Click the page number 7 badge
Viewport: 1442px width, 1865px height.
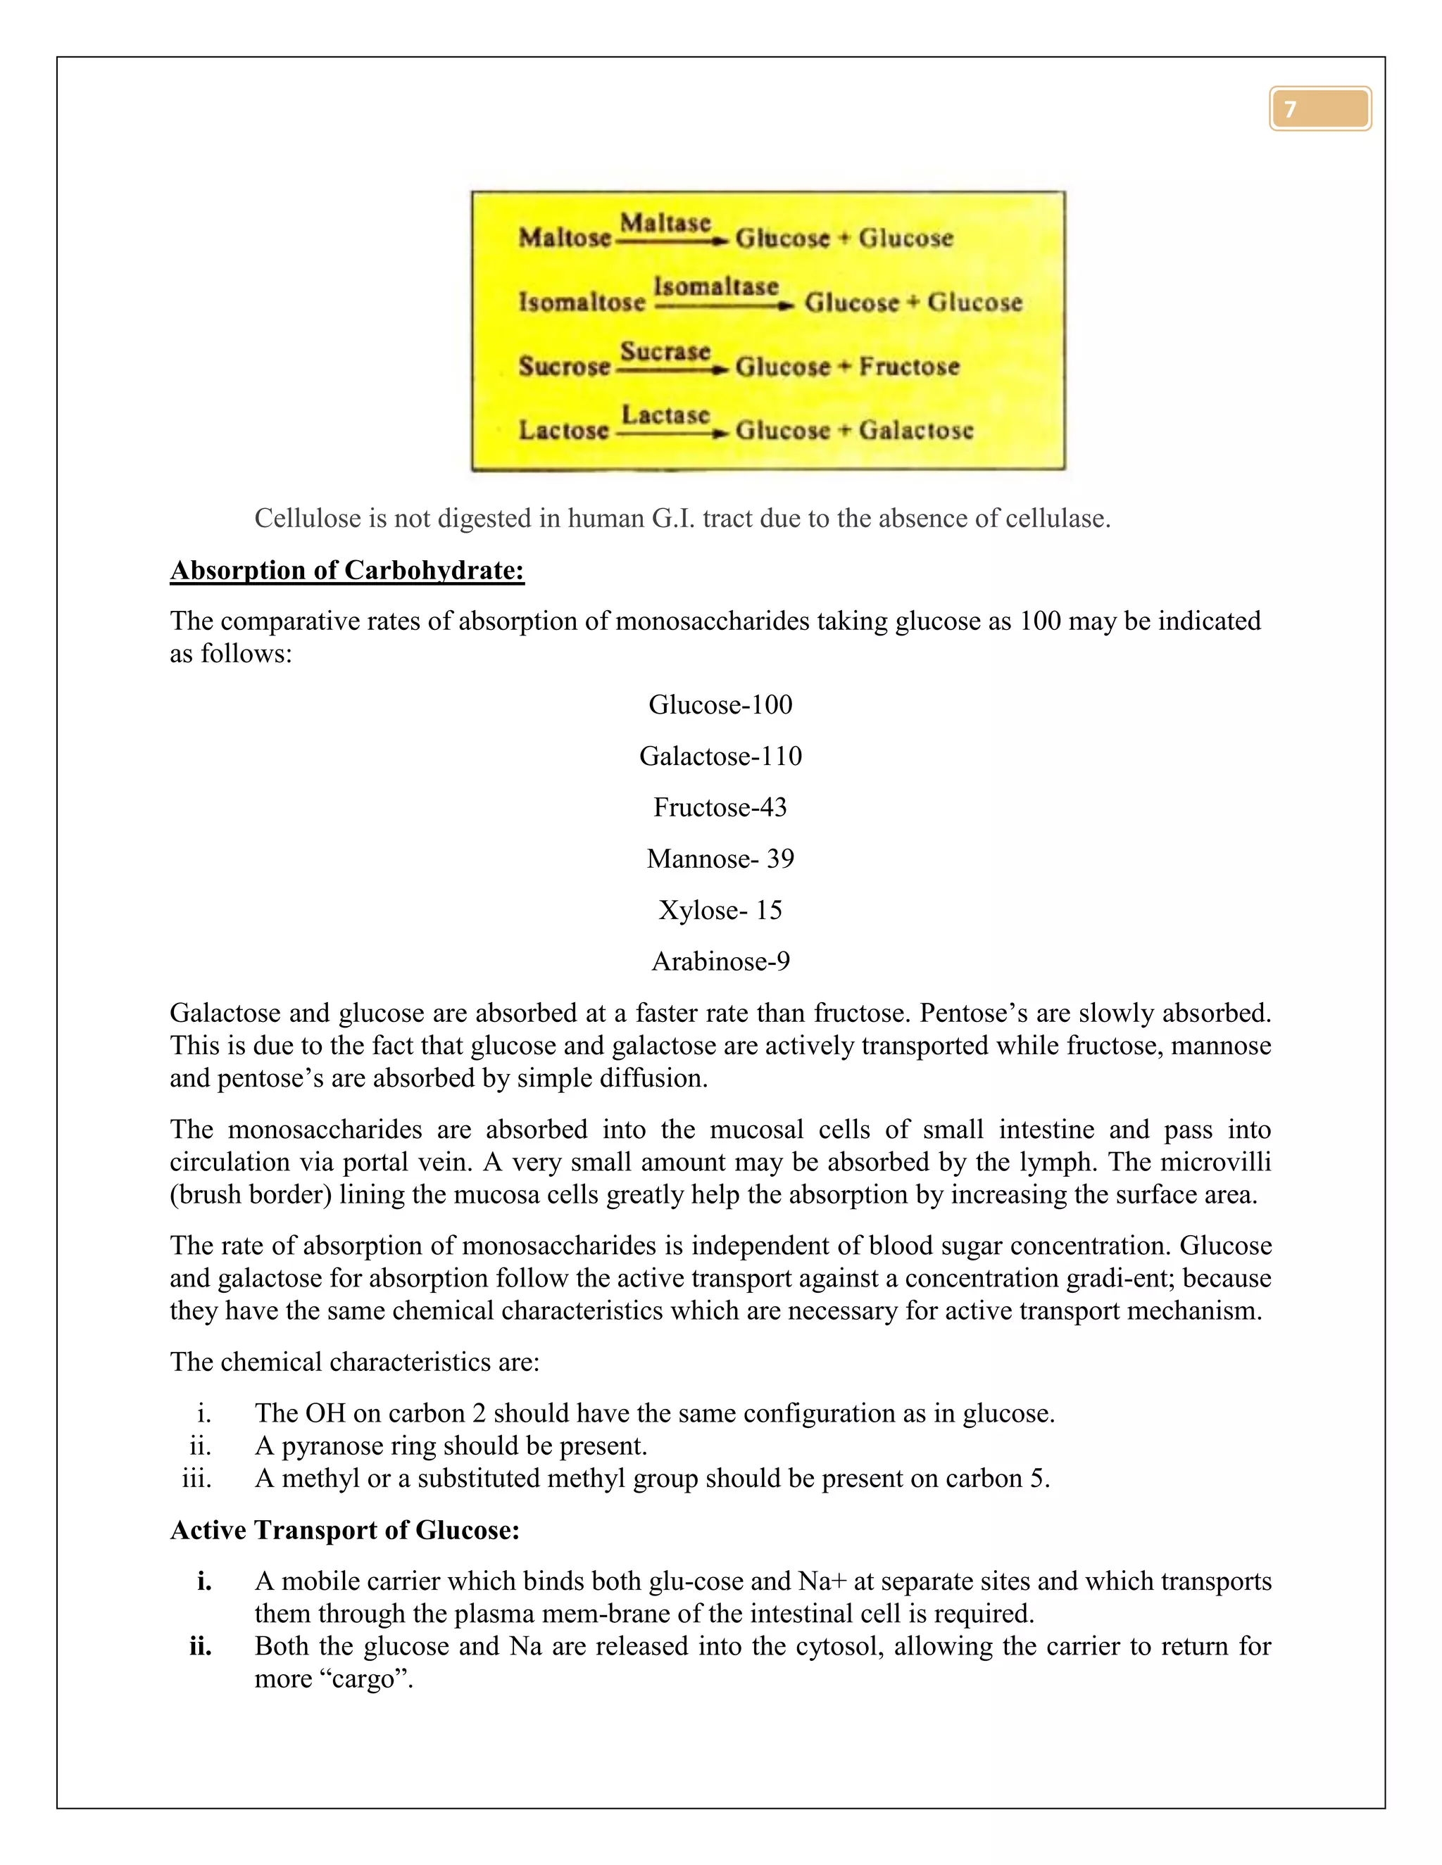pos(1320,108)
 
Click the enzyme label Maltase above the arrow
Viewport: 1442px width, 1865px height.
pos(665,223)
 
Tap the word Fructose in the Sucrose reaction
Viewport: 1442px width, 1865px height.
pos(909,367)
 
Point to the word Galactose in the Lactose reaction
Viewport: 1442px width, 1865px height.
pos(916,431)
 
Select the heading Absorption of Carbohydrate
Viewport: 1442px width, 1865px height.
pos(347,571)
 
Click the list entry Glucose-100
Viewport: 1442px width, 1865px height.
pos(720,704)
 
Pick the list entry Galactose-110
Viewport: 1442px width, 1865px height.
pos(720,756)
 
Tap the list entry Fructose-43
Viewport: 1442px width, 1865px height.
pos(720,807)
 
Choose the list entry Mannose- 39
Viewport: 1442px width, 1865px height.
pos(720,858)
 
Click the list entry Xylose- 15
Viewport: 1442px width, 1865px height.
pos(720,910)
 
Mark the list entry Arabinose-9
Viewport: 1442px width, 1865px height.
pos(720,961)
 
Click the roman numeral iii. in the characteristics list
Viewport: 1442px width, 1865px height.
pos(196,1478)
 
